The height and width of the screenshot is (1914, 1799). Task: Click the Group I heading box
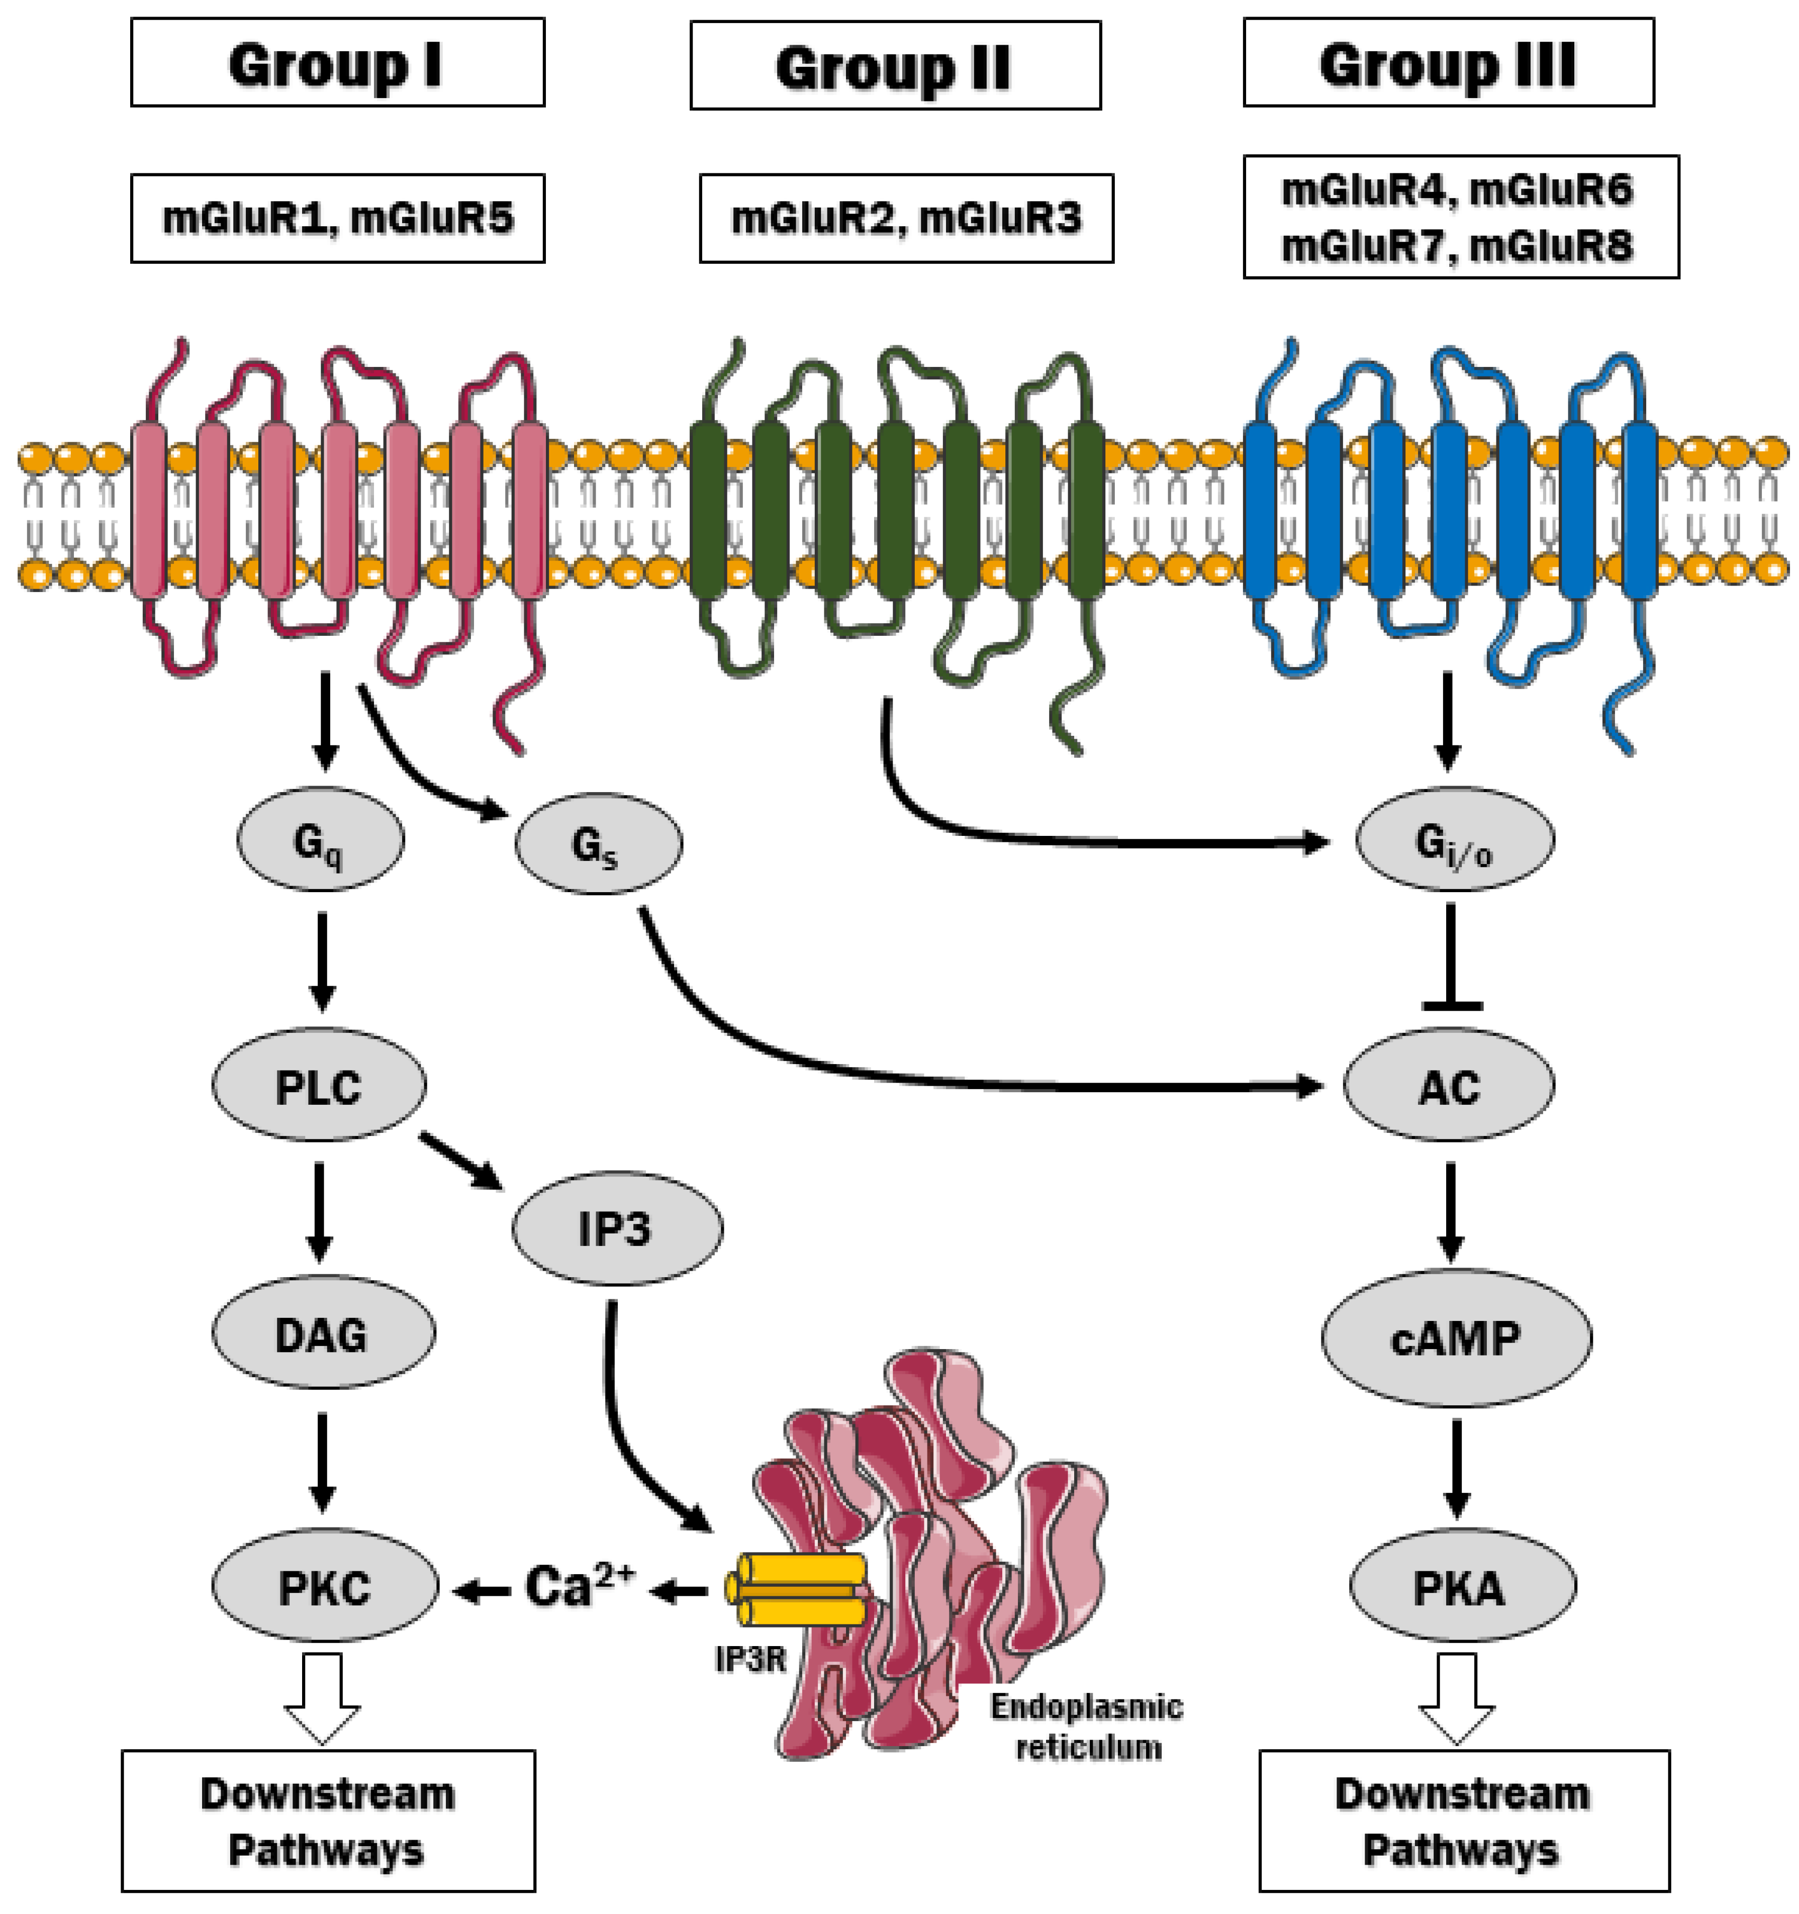pos(337,63)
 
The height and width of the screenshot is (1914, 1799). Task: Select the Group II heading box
pos(895,65)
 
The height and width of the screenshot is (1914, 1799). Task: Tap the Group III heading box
pos(1448,63)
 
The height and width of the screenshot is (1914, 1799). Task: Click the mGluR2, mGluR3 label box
pos(905,218)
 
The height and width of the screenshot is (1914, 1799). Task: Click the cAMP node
pos(1455,1337)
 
